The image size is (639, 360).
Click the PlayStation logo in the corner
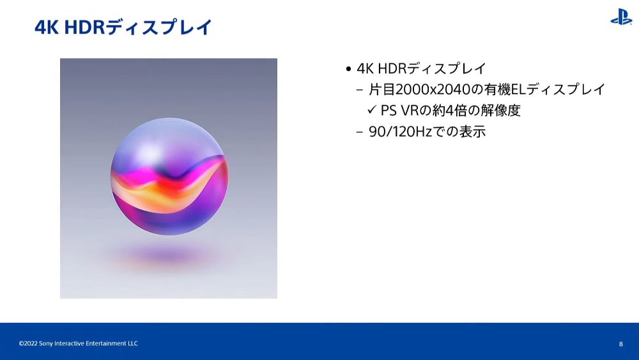620,17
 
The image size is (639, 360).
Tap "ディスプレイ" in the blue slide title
158,27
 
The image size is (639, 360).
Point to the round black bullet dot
348,69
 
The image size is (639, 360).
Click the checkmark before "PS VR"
372,109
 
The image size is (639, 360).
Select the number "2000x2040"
433,90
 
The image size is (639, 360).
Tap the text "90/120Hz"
400,132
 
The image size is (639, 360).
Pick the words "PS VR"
400,111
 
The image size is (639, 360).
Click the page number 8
620,344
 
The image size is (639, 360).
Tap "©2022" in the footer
28,343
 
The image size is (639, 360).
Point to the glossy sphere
169,176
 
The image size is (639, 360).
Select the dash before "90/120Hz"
359,132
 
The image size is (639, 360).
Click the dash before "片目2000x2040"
359,90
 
